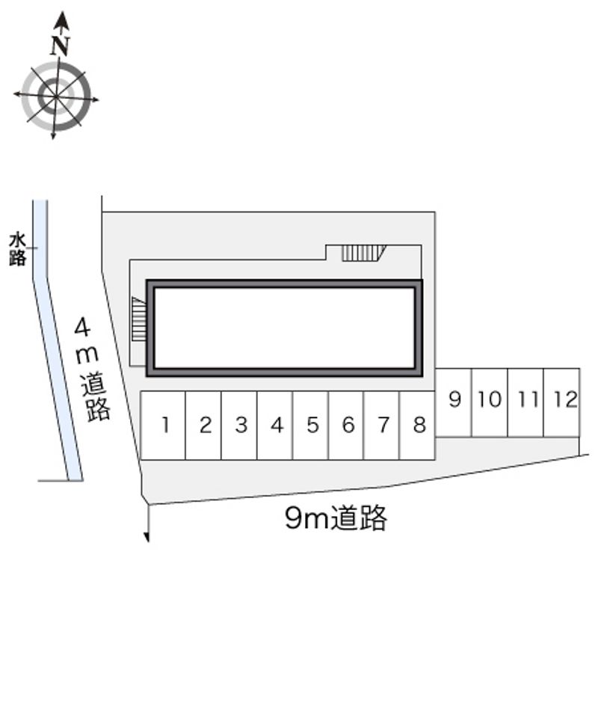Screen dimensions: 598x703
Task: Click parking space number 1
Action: (x=163, y=426)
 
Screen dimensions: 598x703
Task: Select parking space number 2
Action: (x=203, y=426)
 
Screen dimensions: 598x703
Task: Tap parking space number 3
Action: (x=239, y=426)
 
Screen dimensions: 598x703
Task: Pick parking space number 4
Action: (x=275, y=426)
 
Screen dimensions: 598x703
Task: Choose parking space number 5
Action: (x=311, y=426)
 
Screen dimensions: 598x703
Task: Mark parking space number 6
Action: (x=346, y=426)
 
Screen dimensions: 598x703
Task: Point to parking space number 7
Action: (x=381, y=426)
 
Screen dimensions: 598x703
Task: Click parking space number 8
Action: (x=417, y=426)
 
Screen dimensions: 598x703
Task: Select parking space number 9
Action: (x=453, y=402)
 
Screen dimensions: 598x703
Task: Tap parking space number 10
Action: (x=490, y=402)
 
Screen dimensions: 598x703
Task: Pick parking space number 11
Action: (x=525, y=402)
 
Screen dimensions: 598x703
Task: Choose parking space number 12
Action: (x=561, y=402)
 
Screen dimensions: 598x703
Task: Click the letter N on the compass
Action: (x=60, y=45)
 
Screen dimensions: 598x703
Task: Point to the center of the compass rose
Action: (x=55, y=96)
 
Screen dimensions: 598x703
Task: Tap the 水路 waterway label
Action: (x=17, y=249)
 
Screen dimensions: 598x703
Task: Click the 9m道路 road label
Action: (x=336, y=518)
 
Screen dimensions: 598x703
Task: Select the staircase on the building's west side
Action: (x=138, y=319)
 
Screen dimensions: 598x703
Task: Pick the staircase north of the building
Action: (x=363, y=254)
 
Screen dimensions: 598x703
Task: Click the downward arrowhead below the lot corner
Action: (x=147, y=537)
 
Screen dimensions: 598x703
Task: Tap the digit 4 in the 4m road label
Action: (x=82, y=328)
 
